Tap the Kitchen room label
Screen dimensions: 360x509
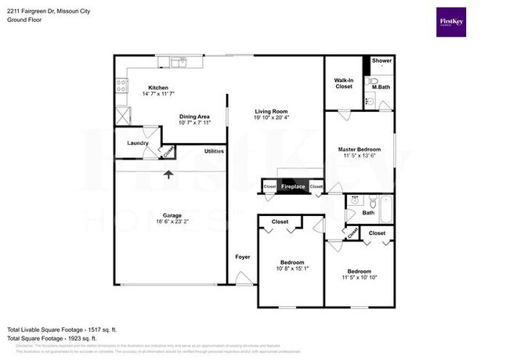[159, 88]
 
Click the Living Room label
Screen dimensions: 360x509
[272, 111]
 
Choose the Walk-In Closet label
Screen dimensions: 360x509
[344, 83]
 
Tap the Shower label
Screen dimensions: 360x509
[381, 60]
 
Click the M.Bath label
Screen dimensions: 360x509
[381, 86]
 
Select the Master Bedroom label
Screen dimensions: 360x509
[359, 149]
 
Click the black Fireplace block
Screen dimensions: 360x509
[293, 187]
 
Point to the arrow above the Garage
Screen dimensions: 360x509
[168, 174]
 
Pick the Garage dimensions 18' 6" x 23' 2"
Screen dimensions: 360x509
[171, 222]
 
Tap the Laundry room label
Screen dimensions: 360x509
[138, 143]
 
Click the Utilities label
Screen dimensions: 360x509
[215, 151]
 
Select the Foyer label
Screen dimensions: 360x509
[243, 256]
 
